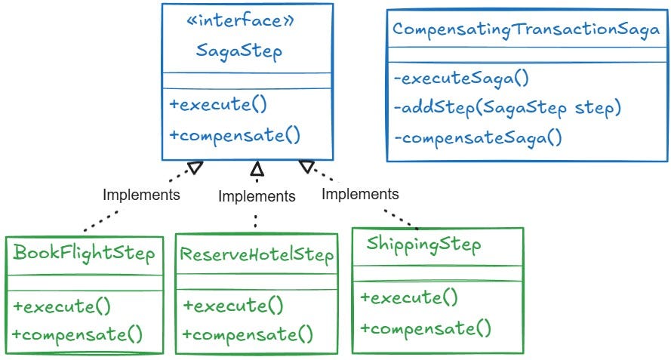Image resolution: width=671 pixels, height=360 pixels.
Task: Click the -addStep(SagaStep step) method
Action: pos(506,108)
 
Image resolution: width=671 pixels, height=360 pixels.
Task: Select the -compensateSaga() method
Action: pos(478,138)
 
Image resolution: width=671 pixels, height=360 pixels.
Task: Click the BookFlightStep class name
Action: pos(84,253)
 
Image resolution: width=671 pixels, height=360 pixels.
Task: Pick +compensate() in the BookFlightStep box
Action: pos(78,334)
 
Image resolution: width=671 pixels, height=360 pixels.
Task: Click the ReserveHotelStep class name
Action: pos(257,255)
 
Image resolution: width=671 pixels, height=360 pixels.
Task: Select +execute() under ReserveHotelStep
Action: pos(233,306)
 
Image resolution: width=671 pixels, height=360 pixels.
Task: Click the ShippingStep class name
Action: pos(423,245)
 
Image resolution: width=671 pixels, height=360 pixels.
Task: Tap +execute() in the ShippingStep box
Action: pos(409,297)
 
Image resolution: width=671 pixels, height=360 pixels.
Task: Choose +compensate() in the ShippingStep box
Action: pos(426,328)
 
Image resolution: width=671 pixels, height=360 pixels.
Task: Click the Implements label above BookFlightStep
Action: pos(141,195)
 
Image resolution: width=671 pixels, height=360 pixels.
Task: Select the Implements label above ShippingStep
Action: pos(360,194)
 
